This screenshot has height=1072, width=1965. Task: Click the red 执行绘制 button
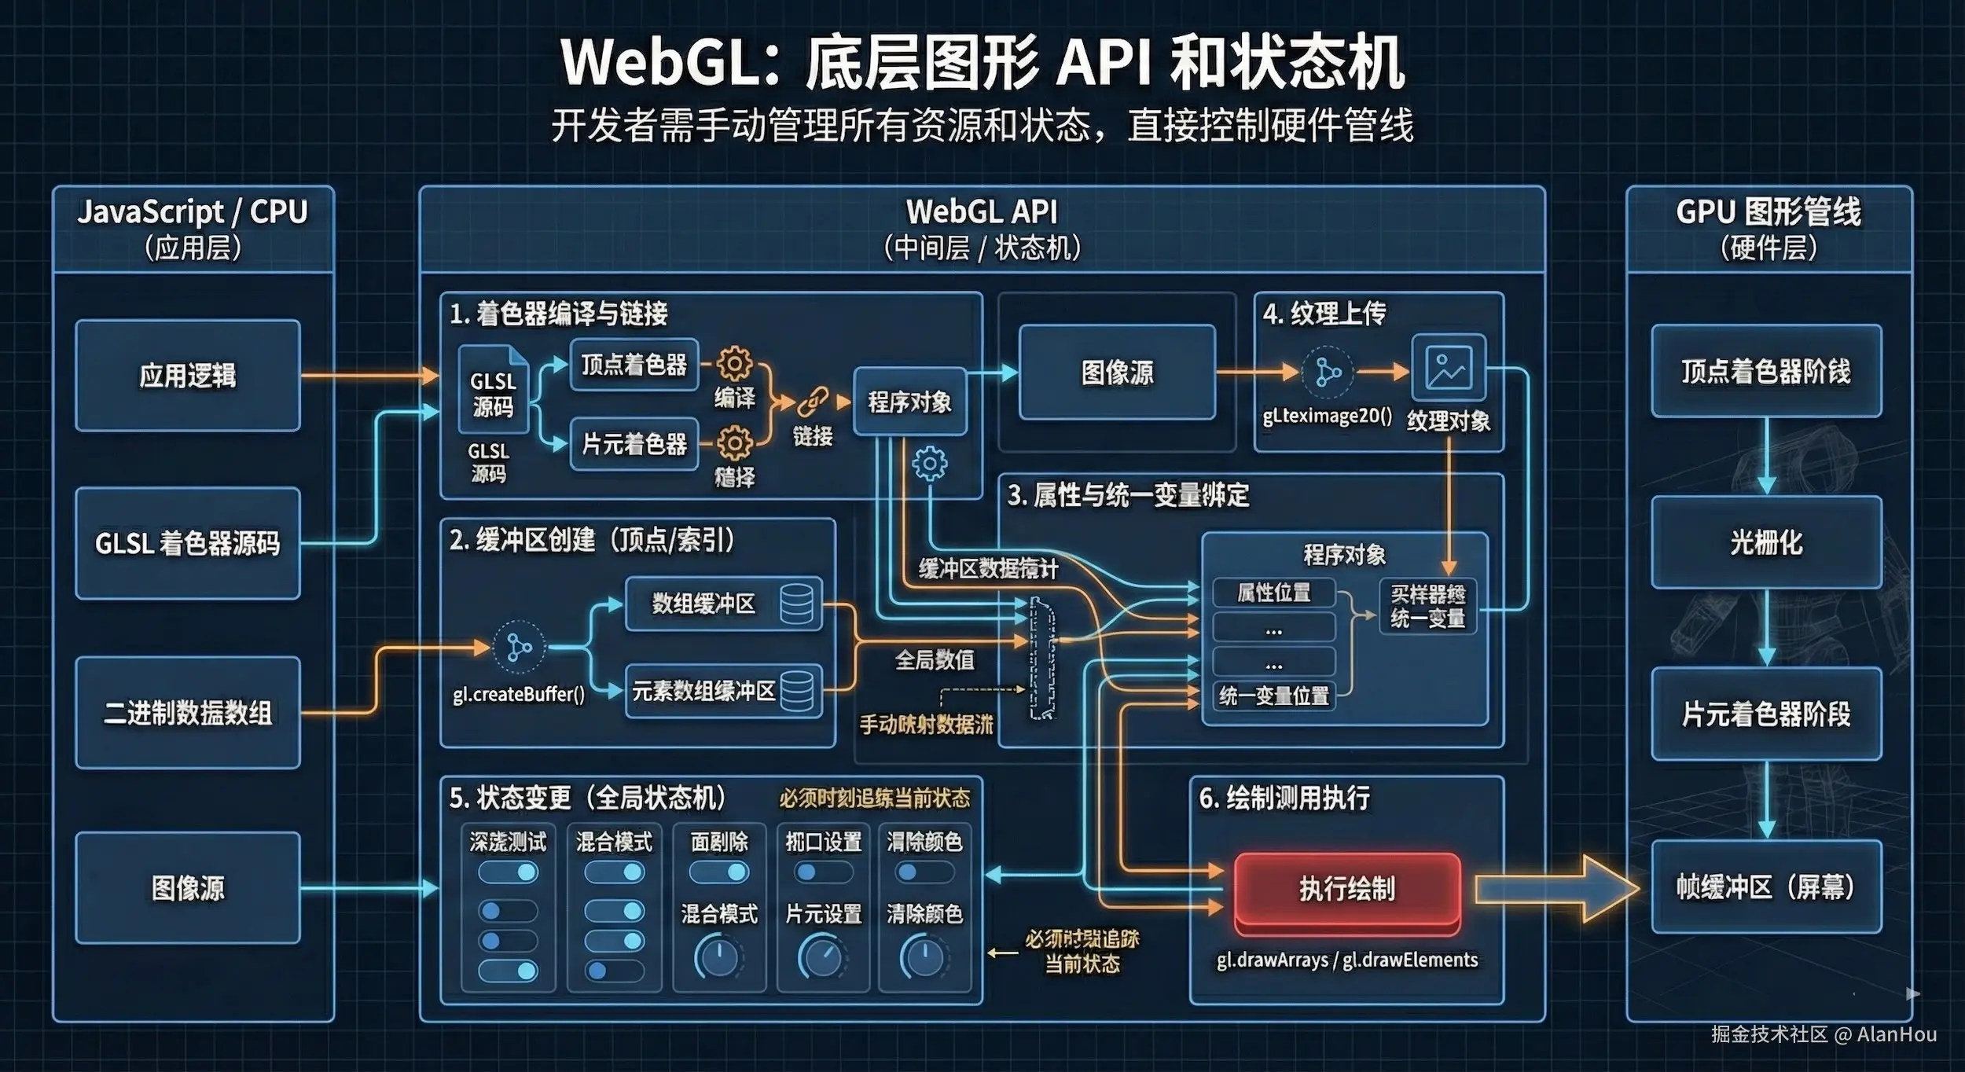tap(1347, 889)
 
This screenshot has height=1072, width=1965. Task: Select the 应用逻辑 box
tap(188, 375)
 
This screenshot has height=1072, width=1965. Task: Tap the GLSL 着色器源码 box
tap(188, 543)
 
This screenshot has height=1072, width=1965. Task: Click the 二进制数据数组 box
tap(188, 713)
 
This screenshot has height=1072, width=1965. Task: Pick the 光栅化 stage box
tap(1766, 542)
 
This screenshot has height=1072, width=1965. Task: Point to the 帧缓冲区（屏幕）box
tap(1766, 887)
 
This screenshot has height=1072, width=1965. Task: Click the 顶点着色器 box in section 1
tap(634, 365)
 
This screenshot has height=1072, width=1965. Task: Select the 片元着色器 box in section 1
tap(634, 444)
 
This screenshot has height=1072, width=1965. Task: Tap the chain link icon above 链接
tap(812, 402)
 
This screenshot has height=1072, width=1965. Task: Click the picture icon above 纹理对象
tap(1449, 368)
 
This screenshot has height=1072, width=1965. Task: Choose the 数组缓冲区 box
tap(723, 604)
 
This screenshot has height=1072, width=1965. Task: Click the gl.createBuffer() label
tap(519, 695)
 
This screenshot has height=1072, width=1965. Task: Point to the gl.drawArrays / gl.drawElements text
tap(1347, 960)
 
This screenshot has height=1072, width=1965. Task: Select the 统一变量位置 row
tap(1274, 696)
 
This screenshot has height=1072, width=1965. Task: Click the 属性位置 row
tap(1274, 593)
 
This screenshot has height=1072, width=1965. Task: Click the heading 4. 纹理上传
tap(1325, 314)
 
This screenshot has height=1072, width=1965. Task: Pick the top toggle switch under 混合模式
tap(614, 872)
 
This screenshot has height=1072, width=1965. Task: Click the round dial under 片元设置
tap(822, 956)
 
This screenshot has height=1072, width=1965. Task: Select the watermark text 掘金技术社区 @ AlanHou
tap(1824, 1034)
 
